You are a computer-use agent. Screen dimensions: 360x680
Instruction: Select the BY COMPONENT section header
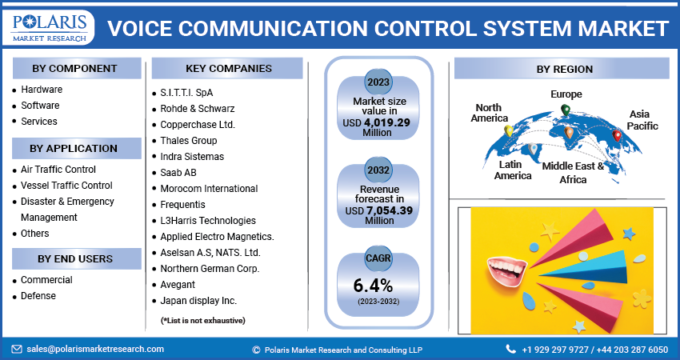[x=75, y=68]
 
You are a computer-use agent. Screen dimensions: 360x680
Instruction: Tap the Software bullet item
[x=40, y=106]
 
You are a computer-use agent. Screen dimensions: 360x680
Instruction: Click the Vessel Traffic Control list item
[x=66, y=186]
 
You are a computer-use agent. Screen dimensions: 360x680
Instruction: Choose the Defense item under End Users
[x=38, y=296]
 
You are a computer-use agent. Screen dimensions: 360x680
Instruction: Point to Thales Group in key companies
[x=188, y=141]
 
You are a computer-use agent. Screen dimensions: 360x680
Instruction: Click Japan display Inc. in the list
[x=198, y=301]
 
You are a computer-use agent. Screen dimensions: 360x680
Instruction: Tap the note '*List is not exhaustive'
[x=203, y=320]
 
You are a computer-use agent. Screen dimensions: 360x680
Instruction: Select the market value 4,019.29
[x=386, y=122]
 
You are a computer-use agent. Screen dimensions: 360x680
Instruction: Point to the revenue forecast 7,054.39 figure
[x=386, y=210]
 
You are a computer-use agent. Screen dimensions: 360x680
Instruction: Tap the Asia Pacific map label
[x=642, y=120]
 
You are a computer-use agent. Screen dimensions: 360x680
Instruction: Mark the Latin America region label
[x=512, y=170]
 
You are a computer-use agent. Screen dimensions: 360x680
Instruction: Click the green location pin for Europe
[x=566, y=110]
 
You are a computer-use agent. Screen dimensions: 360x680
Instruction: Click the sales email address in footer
[x=94, y=349]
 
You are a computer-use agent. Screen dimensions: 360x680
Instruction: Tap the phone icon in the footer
[x=510, y=350]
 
